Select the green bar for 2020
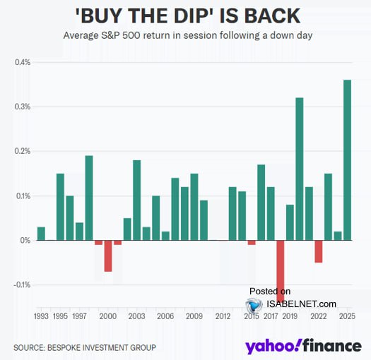[x=299, y=169]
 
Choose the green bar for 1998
[x=89, y=198]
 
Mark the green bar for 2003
[x=136, y=200]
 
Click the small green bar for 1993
[x=41, y=233]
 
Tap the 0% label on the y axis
[x=25, y=241]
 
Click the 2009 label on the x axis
[x=194, y=317]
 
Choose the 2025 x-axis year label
[x=347, y=317]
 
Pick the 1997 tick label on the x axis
[x=79, y=317]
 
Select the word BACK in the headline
[x=272, y=14]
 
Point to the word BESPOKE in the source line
[x=71, y=347]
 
